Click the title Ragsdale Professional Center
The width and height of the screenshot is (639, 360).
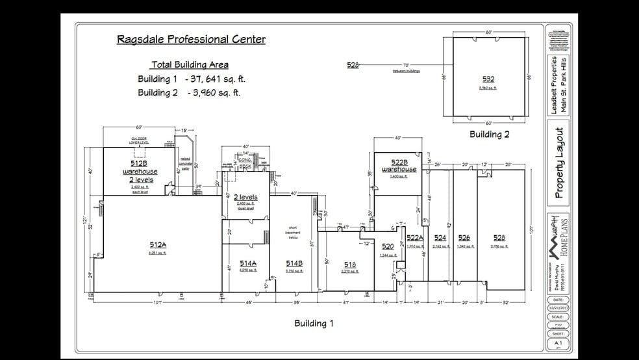click(x=191, y=39)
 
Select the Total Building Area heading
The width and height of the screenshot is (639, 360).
click(x=190, y=64)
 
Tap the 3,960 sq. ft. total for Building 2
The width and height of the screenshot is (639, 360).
click(x=214, y=92)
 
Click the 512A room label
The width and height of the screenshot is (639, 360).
click(x=158, y=245)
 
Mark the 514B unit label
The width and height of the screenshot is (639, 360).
click(x=295, y=263)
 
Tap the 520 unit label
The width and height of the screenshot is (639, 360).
click(x=388, y=247)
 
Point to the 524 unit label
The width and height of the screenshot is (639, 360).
click(x=440, y=238)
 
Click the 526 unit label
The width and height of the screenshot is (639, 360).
click(x=464, y=238)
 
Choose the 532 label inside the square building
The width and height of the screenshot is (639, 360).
click(x=488, y=79)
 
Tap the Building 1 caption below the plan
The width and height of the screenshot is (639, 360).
click(x=314, y=323)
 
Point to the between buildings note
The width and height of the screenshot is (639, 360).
click(x=407, y=71)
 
